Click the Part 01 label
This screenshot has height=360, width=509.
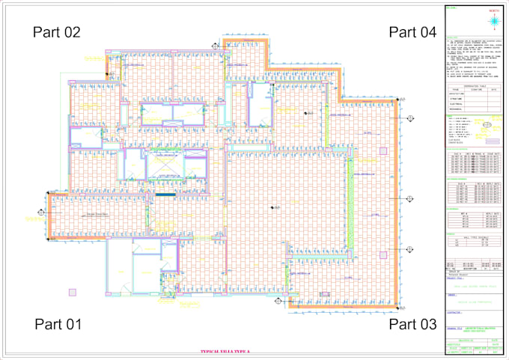coord(58,324)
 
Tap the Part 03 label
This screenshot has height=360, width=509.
coord(412,324)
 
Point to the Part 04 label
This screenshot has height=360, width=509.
coord(412,32)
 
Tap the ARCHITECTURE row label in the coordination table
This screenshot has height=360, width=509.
coord(456,94)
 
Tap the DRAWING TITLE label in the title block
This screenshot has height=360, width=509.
coord(454,328)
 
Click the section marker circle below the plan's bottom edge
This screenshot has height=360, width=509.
coord(278,304)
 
